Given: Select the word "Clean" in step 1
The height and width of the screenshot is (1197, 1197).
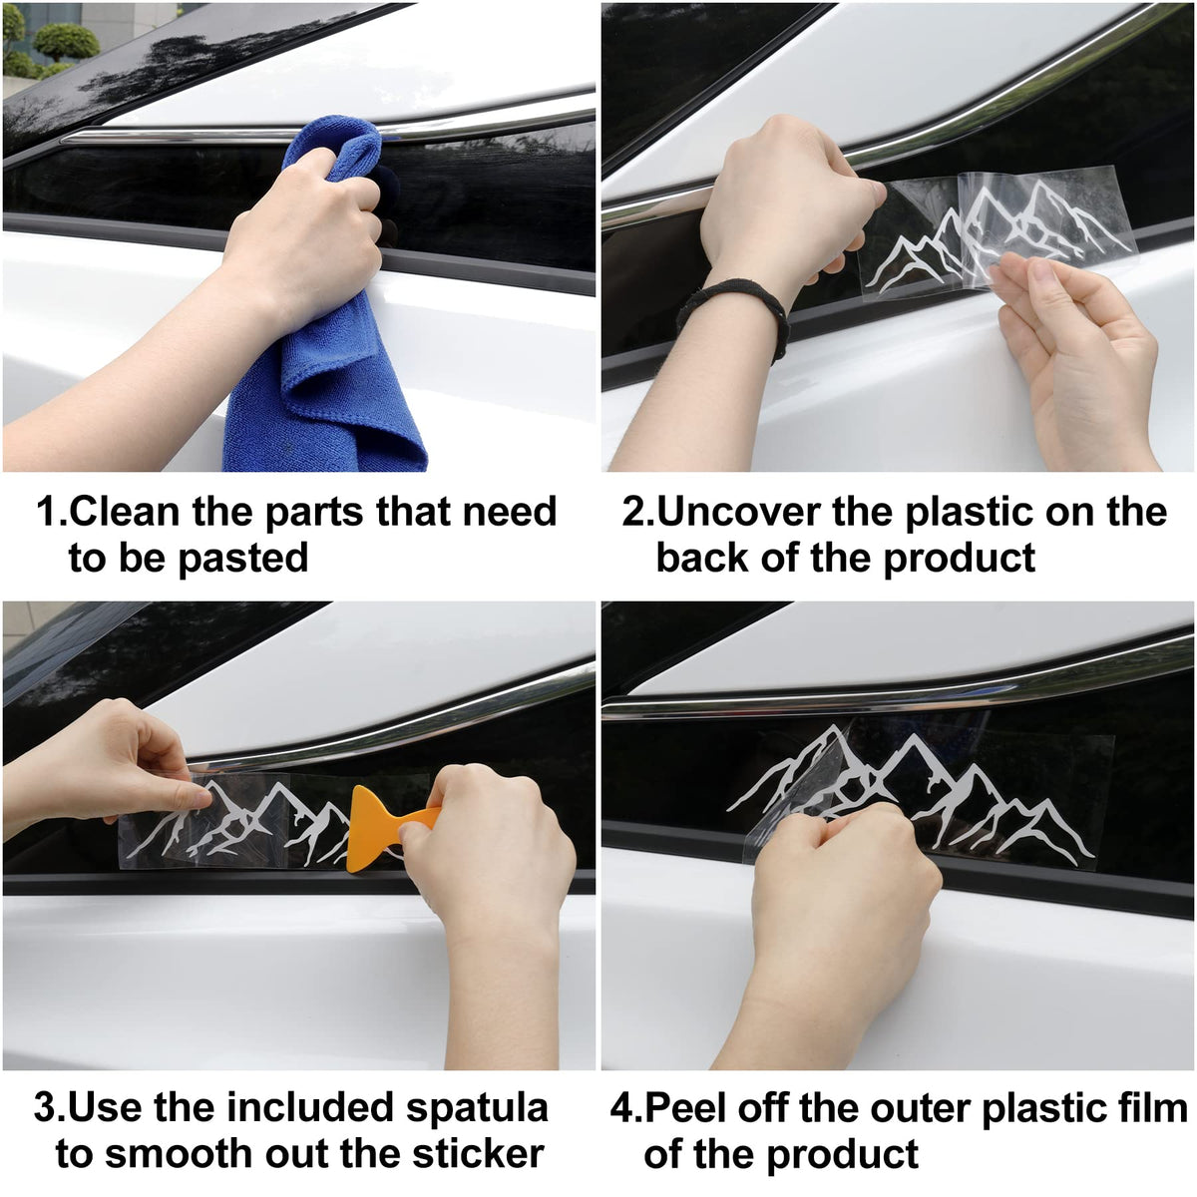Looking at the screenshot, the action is coord(125,512).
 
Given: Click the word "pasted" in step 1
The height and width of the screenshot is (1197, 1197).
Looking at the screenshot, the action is coord(242,558).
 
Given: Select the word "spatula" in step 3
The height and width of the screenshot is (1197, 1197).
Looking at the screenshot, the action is coord(477,1106).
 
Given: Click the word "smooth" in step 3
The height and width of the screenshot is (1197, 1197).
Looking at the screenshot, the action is coord(180,1153).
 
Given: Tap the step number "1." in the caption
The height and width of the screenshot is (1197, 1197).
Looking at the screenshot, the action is coord(52,512).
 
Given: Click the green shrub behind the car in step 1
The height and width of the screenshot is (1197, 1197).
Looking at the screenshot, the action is coord(66,42).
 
